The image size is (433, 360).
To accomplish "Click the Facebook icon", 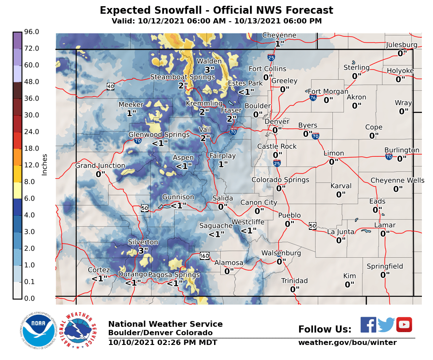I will tap(368, 325).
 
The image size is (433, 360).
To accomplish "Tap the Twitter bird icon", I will tap(386, 325).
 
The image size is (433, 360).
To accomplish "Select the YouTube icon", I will tap(404, 325).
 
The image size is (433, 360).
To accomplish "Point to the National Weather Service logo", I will tap(80, 330).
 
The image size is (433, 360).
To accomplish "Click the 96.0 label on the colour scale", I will tap(32, 32).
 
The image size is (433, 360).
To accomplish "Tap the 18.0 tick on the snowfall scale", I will tap(32, 148).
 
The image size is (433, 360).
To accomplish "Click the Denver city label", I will tap(277, 122).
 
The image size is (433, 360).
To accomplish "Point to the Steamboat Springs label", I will tap(182, 77).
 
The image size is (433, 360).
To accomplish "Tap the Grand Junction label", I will tap(100, 166).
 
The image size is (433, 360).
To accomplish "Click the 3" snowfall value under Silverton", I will tap(143, 251).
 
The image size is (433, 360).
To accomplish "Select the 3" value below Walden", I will tap(209, 70).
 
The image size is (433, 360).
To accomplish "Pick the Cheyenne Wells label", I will tap(397, 180).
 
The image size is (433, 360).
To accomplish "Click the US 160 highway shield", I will tap(204, 255).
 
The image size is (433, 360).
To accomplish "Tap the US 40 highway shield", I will tap(110, 86).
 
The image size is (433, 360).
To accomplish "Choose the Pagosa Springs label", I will tap(174, 275).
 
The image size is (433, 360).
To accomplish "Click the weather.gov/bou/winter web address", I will tap(347, 342).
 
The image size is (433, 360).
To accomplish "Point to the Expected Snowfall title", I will tap(216, 10).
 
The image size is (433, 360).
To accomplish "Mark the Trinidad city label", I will tap(294, 281).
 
